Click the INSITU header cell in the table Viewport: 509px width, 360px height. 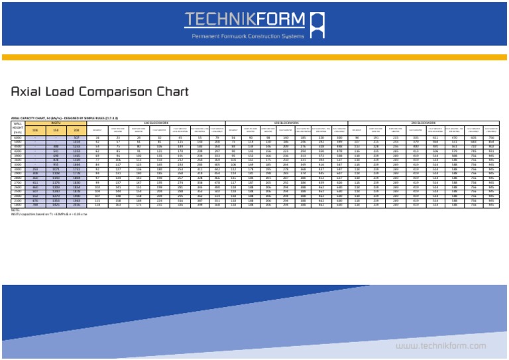pos(56,123)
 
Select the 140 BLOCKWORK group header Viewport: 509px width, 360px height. pos(157,123)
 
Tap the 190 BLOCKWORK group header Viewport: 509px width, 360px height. pos(286,123)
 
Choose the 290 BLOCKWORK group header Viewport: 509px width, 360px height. pos(424,123)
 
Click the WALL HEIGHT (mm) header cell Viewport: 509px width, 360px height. pos(18,128)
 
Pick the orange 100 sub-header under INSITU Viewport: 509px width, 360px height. pos(35,131)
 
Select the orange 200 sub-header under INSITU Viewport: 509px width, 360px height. pos(77,131)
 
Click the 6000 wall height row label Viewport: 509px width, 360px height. pos(18,138)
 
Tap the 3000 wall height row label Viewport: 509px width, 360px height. pos(18,169)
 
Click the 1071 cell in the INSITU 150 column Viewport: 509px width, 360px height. pos(56,169)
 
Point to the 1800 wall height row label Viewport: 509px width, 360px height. pos(18,206)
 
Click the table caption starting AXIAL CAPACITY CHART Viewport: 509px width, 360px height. pos(60,118)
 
